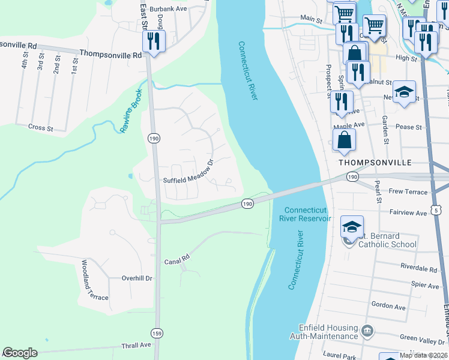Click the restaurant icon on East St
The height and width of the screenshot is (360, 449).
coord(153,41)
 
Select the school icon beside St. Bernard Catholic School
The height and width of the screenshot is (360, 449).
coord(351,227)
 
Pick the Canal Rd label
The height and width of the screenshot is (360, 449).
coord(177,262)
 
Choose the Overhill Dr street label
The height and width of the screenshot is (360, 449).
coord(137,278)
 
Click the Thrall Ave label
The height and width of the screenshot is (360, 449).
coord(137,345)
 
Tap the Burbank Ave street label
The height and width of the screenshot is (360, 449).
coord(169,9)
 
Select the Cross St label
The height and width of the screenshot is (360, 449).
coord(41,127)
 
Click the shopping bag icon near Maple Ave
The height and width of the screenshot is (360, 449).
coord(345,140)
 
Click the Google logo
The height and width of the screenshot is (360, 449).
coord(20,353)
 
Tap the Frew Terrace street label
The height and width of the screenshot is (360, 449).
coord(408,192)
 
